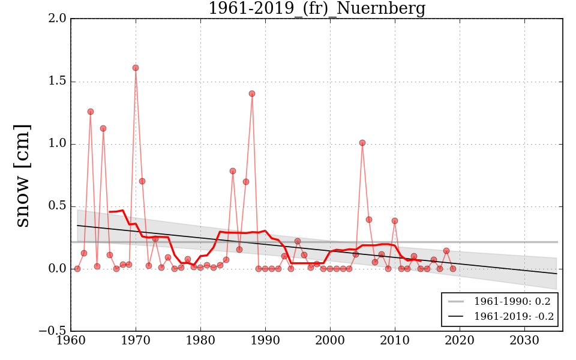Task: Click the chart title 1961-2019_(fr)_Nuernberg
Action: click(x=316, y=9)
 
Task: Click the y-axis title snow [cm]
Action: click(x=22, y=175)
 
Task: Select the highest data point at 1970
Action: click(x=136, y=68)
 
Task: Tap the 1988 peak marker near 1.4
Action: click(x=252, y=94)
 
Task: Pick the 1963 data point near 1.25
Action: click(x=91, y=112)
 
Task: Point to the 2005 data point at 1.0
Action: click(x=362, y=143)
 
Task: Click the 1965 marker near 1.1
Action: click(x=103, y=128)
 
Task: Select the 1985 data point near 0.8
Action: click(x=233, y=171)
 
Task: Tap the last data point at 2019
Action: click(x=453, y=269)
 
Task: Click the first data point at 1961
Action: click(x=77, y=269)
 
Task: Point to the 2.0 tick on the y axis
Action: click(x=58, y=19)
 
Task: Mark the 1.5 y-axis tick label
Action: click(x=58, y=81)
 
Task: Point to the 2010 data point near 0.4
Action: click(x=395, y=221)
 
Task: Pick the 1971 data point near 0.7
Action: click(x=142, y=181)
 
